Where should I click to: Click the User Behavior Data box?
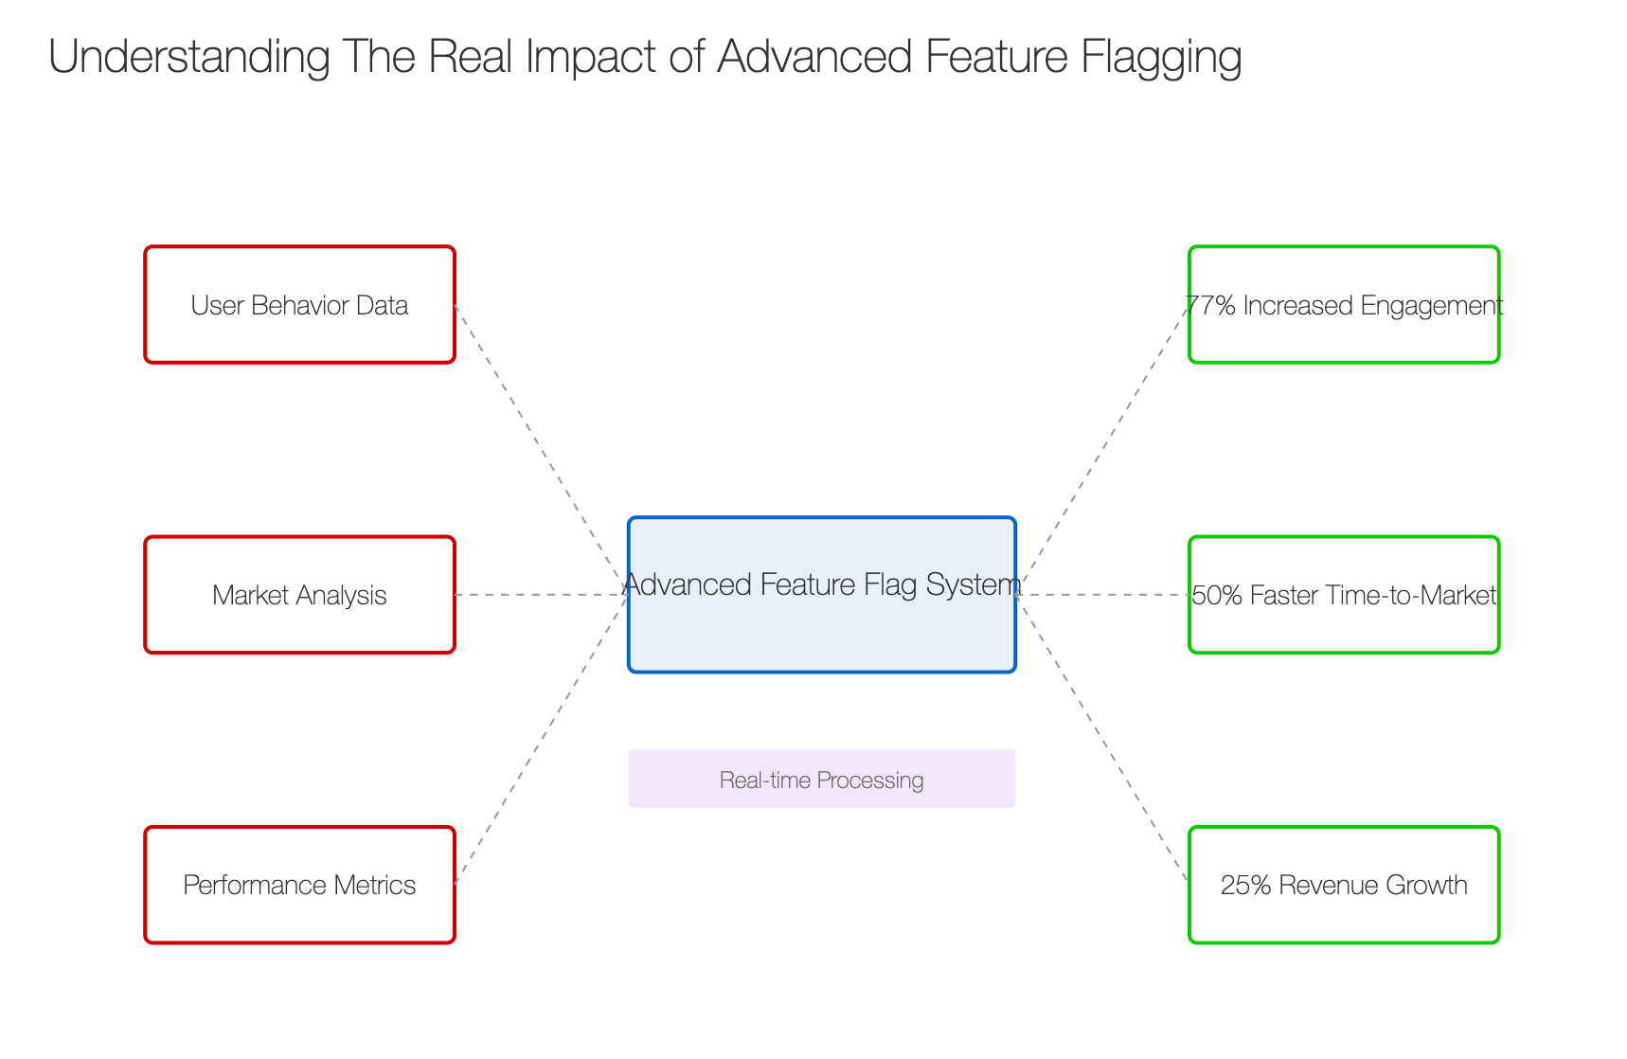coord(299,305)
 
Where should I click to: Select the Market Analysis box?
coord(299,595)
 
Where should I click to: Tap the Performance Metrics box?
coord(299,885)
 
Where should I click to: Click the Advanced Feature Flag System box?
coord(822,595)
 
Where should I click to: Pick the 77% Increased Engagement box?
coord(1344,305)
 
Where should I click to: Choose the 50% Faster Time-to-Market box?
coord(1344,595)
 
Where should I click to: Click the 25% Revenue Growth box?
coord(1344,885)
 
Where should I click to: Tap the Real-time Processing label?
coord(822,780)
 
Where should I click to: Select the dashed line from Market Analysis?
coord(542,595)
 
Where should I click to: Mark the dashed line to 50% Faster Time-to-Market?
coord(1102,595)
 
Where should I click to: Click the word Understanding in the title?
coord(189,58)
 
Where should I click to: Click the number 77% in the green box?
coord(1210,305)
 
